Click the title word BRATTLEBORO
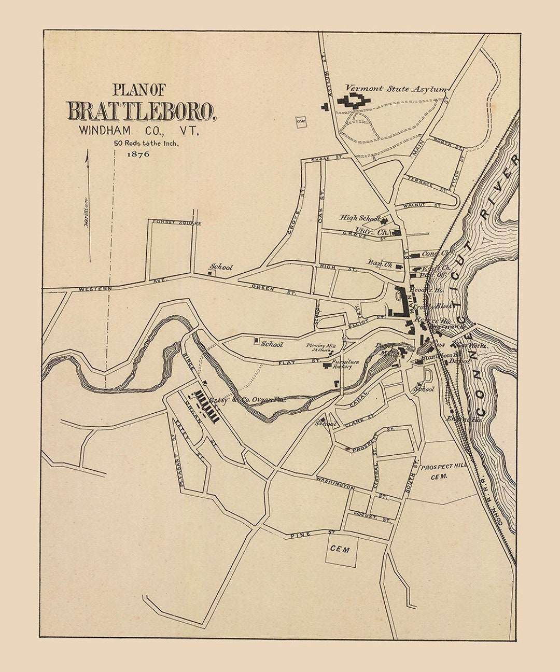click(141, 111)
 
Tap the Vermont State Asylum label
click(396, 89)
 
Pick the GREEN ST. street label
click(274, 290)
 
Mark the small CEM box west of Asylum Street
click(300, 122)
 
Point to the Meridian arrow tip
click(87, 151)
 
